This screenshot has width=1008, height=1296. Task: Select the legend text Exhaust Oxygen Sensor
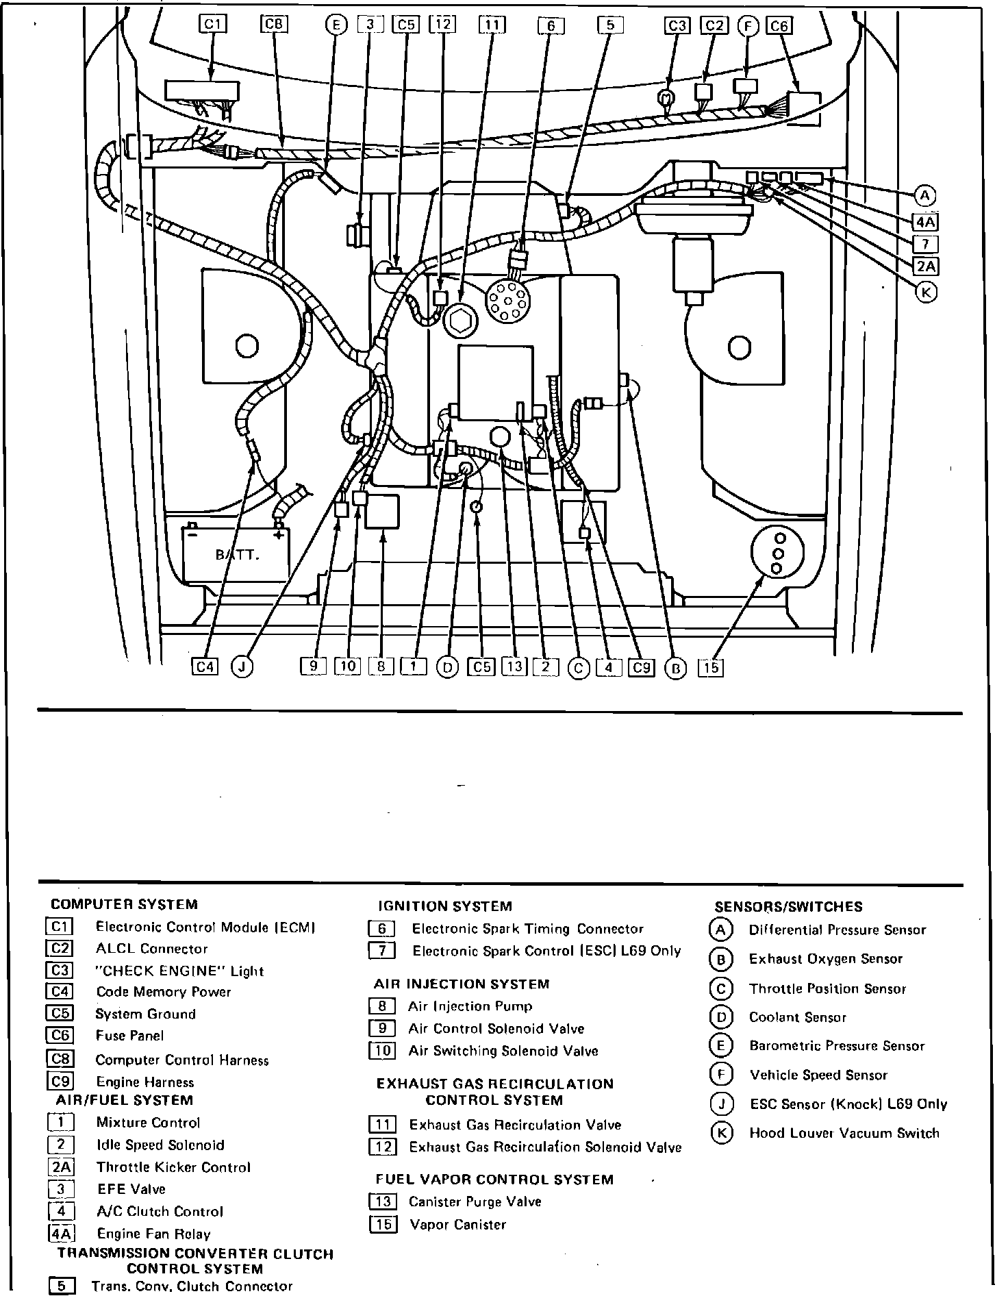tap(825, 959)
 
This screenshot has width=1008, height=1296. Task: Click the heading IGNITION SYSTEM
tap(444, 906)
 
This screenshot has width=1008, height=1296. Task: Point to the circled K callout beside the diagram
tap(926, 292)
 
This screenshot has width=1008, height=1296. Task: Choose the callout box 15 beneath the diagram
tap(711, 667)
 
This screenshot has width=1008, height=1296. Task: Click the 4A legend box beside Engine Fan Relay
tap(61, 1234)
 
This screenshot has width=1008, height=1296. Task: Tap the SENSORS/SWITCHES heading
tap(788, 906)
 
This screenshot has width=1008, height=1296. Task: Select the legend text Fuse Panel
tap(129, 1036)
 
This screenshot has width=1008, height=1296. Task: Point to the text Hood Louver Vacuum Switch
tap(844, 1133)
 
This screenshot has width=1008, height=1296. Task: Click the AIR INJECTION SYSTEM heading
tap(462, 984)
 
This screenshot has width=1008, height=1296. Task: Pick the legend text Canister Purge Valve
tap(475, 1201)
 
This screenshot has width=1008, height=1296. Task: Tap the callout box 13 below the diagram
tap(514, 666)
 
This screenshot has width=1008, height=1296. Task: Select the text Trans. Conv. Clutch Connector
tap(192, 1286)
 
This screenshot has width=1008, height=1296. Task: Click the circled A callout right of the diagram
tap(925, 196)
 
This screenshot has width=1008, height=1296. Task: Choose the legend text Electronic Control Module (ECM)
tap(205, 927)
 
